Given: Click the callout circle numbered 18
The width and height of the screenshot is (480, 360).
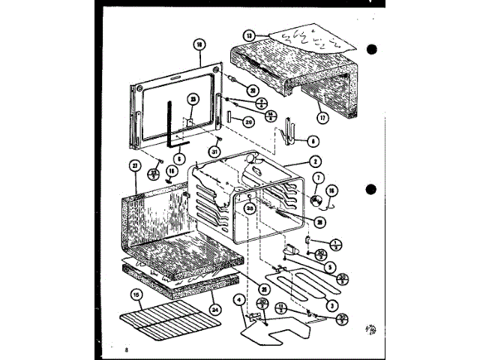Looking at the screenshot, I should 199,44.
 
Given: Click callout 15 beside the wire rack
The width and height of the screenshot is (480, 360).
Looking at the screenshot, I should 136,294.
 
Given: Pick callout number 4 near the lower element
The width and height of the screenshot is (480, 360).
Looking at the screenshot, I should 239,301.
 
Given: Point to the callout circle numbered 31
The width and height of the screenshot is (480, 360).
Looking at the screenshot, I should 215,153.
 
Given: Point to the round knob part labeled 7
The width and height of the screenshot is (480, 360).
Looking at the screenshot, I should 316,199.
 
